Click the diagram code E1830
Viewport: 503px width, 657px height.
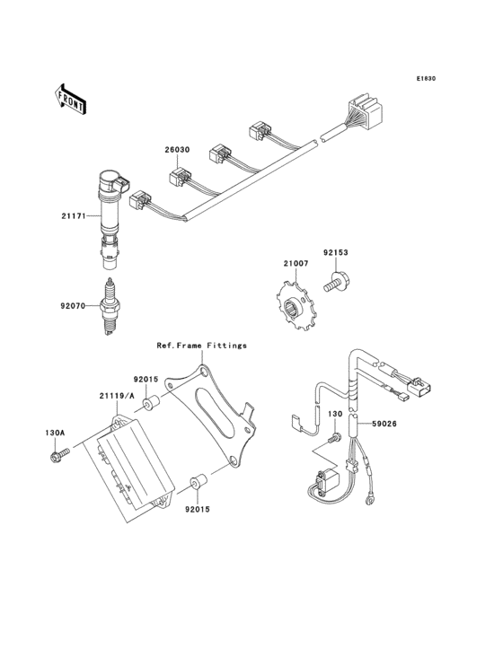pyautogui.click(x=425, y=79)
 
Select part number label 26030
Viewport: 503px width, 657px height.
pyautogui.click(x=176, y=150)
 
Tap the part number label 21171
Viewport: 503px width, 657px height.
pyautogui.click(x=75, y=215)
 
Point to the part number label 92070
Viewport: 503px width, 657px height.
pyautogui.click(x=75, y=305)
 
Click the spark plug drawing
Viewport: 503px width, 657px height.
pyautogui.click(x=109, y=308)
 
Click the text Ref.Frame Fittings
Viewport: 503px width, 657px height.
pyautogui.click(x=201, y=345)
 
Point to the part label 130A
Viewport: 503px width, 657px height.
pyautogui.click(x=56, y=433)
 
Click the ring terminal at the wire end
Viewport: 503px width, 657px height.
pyautogui.click(x=370, y=508)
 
